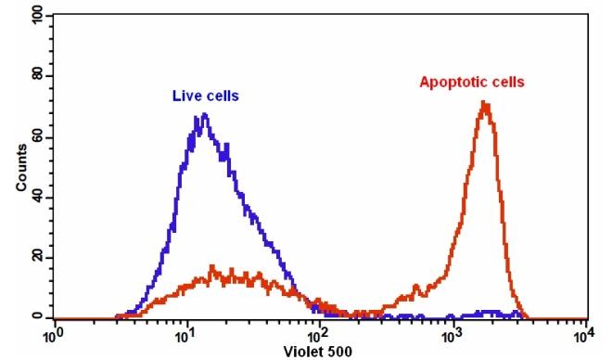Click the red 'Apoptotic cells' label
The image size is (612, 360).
coord(472,82)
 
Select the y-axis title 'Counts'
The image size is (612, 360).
coord(20,166)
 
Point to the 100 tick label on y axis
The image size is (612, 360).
coord(36,17)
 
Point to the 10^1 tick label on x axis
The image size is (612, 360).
coord(187,335)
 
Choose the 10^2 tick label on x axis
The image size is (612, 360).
coord(320,335)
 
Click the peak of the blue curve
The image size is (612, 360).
coord(203,115)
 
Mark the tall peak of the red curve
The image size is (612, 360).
coord(484,103)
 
